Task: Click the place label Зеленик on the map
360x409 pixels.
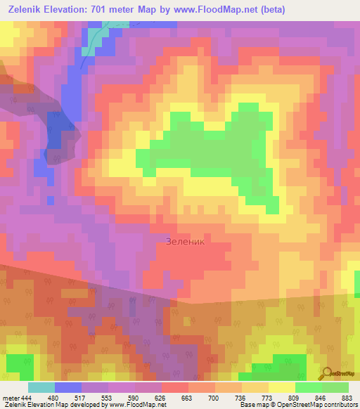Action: (186, 241)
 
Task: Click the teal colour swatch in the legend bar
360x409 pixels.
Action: (41, 388)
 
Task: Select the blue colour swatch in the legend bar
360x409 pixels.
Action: (68, 388)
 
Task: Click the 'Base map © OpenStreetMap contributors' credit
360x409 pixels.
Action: (297, 405)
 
